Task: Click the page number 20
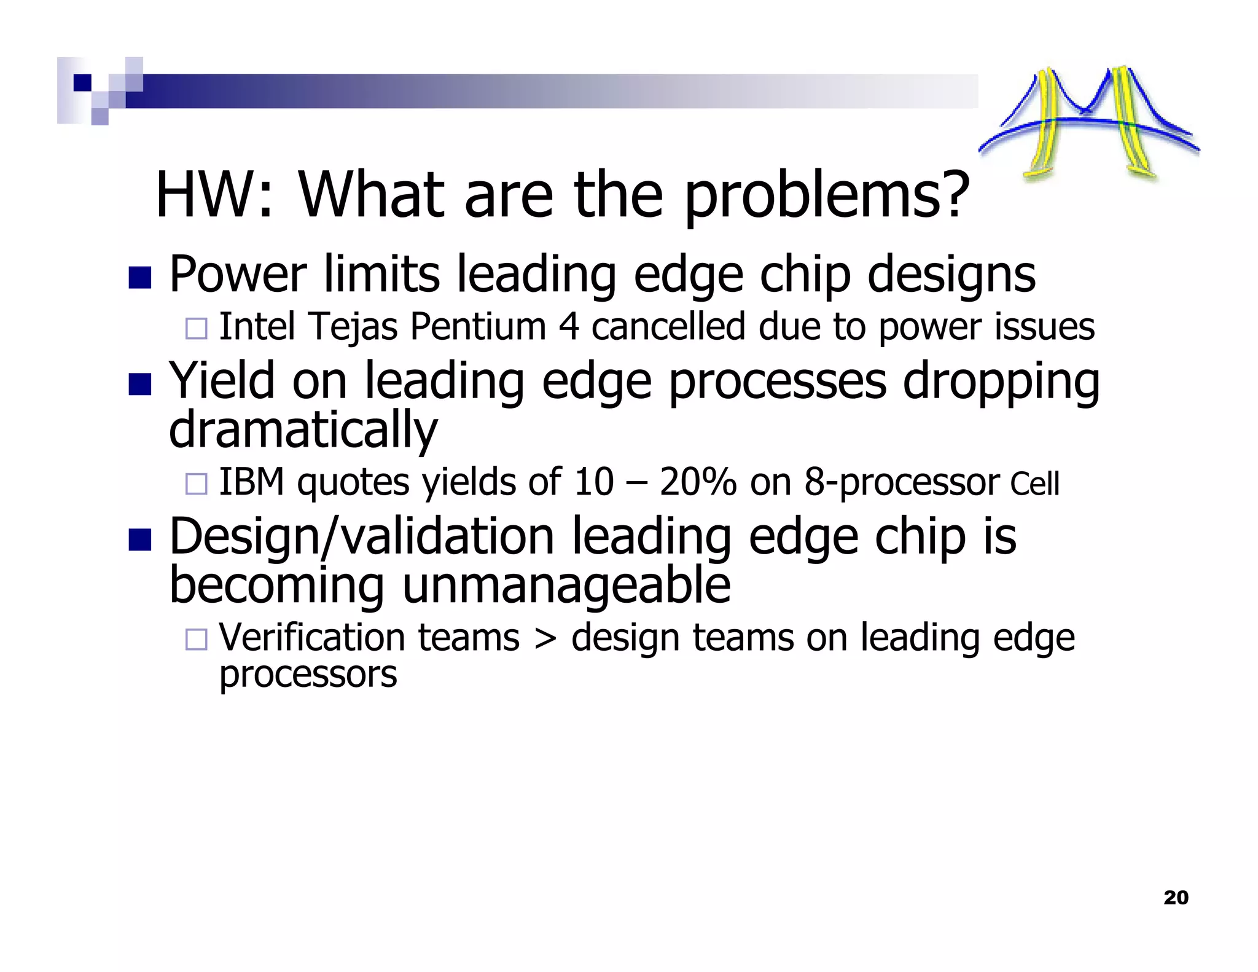(1175, 898)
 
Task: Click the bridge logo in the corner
(1088, 123)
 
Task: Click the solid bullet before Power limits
(140, 278)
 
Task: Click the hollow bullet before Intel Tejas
(197, 329)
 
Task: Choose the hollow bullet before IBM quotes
(197, 484)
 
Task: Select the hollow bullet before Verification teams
(197, 640)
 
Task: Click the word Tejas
(353, 327)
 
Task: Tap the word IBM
(251, 482)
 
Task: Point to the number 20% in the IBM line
(697, 482)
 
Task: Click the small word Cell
(1035, 484)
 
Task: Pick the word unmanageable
(566, 586)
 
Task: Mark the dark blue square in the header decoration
(82, 82)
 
